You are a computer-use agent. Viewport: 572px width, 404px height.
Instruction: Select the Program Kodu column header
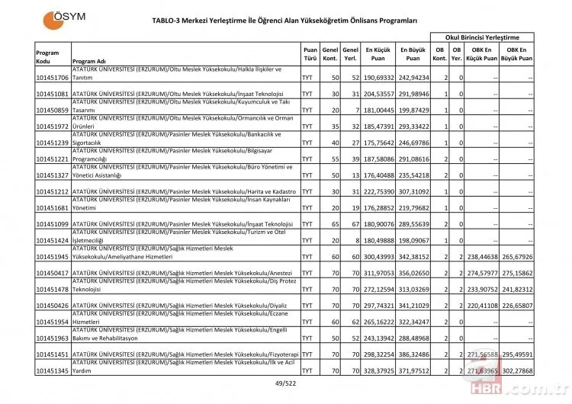click(x=48, y=56)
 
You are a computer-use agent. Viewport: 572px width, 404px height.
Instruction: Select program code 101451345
click(x=52, y=374)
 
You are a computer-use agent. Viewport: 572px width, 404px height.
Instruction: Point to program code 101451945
click(x=52, y=258)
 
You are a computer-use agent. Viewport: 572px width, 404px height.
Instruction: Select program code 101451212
click(x=52, y=191)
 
